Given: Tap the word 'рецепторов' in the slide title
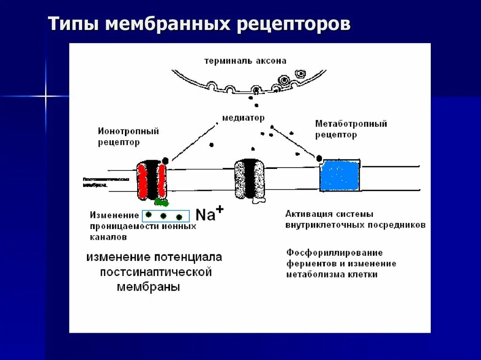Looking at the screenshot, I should click(293, 25).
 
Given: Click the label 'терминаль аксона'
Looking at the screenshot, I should click(245, 61).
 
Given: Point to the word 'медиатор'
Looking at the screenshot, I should click(243, 118).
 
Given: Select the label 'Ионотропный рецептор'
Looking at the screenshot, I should click(128, 136).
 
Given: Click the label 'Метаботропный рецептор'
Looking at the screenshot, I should click(351, 129).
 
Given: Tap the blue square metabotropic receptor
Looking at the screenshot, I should click(340, 175).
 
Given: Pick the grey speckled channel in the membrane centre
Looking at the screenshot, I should click(249, 179).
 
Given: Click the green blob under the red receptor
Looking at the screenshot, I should click(162, 202).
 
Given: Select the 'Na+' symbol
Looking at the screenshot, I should click(209, 214).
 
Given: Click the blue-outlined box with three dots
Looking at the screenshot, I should click(165, 216).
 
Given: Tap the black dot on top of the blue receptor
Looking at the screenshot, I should click(319, 158).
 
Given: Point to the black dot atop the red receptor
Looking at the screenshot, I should click(165, 160).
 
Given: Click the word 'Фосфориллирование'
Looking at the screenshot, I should click(334, 253).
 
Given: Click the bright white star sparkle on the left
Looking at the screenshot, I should click(46, 96).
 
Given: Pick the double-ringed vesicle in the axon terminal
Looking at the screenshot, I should click(300, 74).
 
